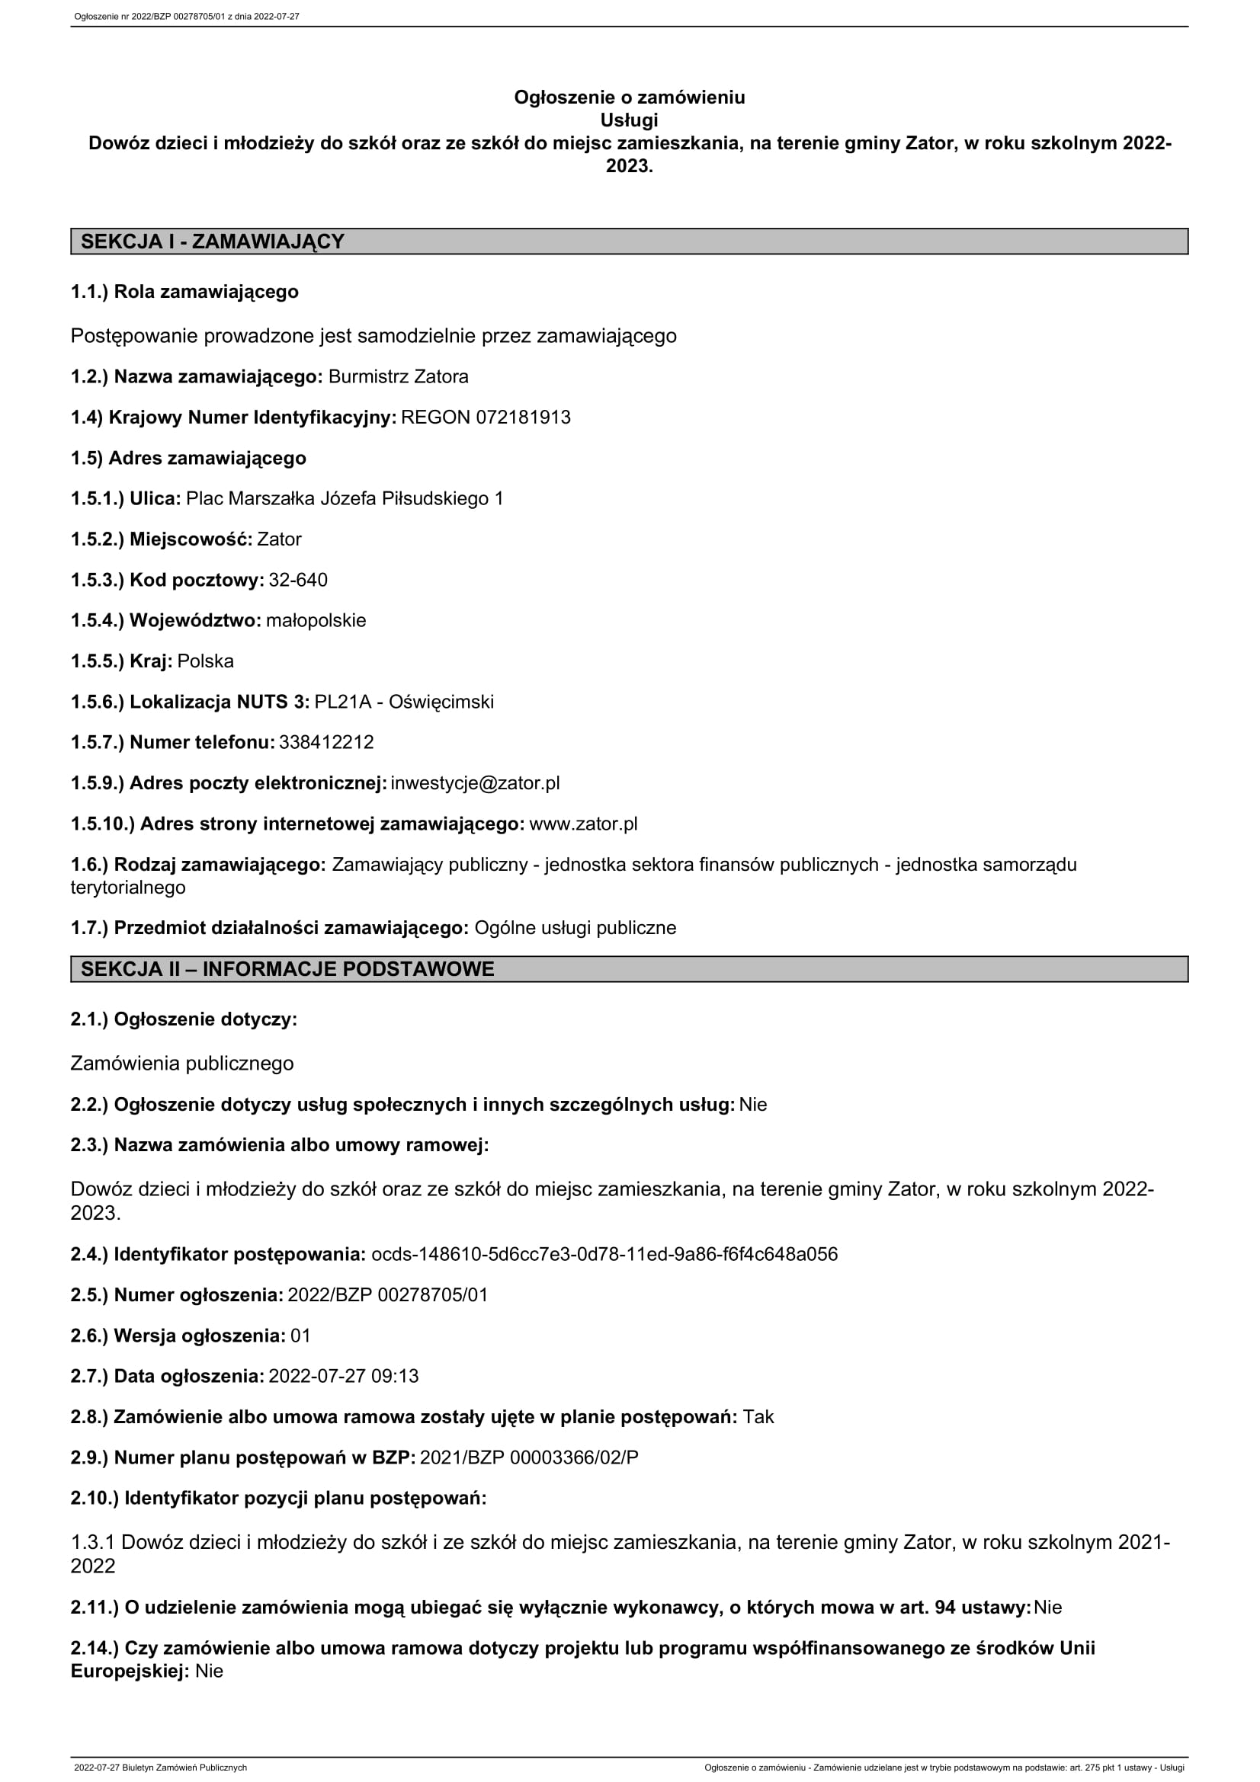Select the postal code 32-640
[x=298, y=580]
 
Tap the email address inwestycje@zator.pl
[x=475, y=783]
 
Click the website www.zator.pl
[x=583, y=824]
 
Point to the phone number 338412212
[x=326, y=742]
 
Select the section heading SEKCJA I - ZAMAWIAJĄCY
[x=212, y=242]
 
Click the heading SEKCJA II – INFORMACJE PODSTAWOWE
[x=287, y=968]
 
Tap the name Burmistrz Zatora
[x=398, y=376]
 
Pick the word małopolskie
[x=316, y=620]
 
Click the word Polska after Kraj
[x=205, y=661]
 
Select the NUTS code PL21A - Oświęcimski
[x=404, y=702]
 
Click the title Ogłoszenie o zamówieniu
[x=629, y=97]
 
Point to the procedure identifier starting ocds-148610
[x=604, y=1254]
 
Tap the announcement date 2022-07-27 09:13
[x=343, y=1376]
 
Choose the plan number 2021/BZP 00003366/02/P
[x=529, y=1457]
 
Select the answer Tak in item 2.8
[x=758, y=1416]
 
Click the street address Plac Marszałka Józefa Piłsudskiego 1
[x=345, y=498]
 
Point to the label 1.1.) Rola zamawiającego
[x=184, y=292]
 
